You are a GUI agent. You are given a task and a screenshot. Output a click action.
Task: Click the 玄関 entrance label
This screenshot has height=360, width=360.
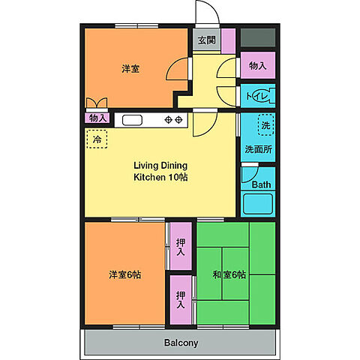(x=207, y=40)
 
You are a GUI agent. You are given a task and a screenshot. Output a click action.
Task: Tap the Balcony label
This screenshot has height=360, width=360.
(x=181, y=343)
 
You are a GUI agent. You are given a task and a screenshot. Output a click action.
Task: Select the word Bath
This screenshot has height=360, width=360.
(x=261, y=184)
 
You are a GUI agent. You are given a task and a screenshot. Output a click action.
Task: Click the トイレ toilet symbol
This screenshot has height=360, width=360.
(x=261, y=96)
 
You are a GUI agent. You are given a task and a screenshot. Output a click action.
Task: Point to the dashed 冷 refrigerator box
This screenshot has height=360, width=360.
(x=97, y=139)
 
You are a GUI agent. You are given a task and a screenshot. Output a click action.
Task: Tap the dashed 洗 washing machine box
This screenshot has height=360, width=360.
(x=265, y=124)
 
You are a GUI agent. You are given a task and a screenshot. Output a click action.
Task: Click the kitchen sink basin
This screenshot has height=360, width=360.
(x=132, y=120)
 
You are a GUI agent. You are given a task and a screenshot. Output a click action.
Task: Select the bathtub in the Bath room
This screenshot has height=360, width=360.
(x=258, y=204)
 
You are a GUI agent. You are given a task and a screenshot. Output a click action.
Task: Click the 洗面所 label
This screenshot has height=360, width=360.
(x=258, y=149)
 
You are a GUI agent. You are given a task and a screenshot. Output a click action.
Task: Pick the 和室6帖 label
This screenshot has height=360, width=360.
(x=229, y=274)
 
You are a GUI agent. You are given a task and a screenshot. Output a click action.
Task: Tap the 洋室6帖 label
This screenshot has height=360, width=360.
(x=124, y=274)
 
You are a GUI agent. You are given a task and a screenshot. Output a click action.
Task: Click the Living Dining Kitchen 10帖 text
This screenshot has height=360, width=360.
(x=160, y=171)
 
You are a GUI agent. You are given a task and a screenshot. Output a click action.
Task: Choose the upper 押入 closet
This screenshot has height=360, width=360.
(x=181, y=246)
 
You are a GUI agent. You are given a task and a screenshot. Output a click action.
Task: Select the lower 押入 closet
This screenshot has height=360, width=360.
(x=181, y=300)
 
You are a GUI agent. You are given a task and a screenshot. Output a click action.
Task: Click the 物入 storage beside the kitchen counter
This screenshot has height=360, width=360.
(x=97, y=118)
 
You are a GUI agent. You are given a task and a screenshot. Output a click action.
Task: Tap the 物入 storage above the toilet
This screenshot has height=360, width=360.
(x=258, y=65)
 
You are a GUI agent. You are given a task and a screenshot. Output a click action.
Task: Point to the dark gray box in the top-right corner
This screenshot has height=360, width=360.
(x=258, y=37)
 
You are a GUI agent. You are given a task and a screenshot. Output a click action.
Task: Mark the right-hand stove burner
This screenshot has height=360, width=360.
(x=178, y=120)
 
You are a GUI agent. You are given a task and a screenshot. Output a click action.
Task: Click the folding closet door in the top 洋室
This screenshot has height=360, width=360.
(x=97, y=103)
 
